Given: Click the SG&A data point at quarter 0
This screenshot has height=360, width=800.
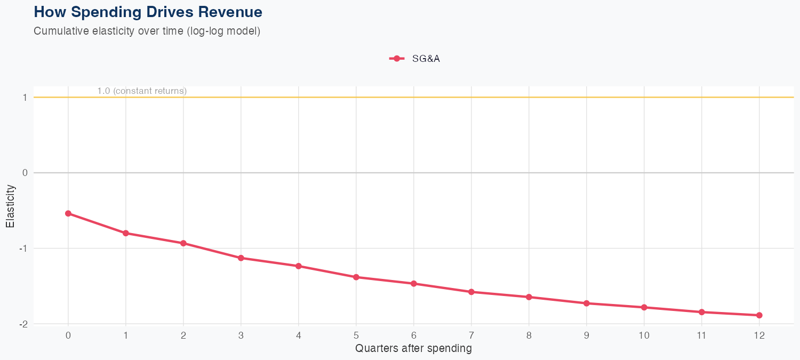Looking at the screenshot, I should point(68,213).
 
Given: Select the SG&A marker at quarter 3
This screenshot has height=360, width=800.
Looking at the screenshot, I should point(241,258).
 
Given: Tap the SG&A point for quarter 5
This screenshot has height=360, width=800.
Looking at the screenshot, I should point(356,277).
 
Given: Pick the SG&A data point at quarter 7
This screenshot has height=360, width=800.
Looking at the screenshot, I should point(471,292).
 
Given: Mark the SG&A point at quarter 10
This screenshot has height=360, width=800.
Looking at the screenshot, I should point(644,307).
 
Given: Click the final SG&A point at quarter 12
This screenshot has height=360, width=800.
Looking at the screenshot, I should point(759,315).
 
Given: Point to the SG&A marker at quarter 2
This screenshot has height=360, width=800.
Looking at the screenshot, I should point(183,243).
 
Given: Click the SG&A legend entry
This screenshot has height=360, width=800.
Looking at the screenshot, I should point(415,59).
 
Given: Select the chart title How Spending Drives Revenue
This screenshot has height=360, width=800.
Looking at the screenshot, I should point(148,12).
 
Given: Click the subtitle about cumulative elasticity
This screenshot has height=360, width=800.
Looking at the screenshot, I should point(147,31).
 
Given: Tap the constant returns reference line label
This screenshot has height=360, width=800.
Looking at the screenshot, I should point(142,91).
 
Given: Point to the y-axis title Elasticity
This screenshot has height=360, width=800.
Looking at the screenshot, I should point(10,206).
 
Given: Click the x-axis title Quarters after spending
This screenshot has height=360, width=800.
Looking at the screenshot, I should point(413,349).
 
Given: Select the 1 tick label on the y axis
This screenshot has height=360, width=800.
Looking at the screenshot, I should point(25,98).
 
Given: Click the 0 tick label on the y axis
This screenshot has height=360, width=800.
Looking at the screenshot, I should point(25,173).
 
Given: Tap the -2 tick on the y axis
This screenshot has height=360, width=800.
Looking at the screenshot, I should point(23,324).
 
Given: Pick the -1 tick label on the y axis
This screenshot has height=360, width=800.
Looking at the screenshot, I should point(23,249).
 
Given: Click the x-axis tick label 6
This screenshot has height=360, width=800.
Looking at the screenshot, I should point(414,335).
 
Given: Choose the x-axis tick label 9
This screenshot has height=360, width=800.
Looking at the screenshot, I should point(587,335).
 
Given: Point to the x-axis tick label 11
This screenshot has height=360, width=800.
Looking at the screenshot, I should point(702,335).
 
